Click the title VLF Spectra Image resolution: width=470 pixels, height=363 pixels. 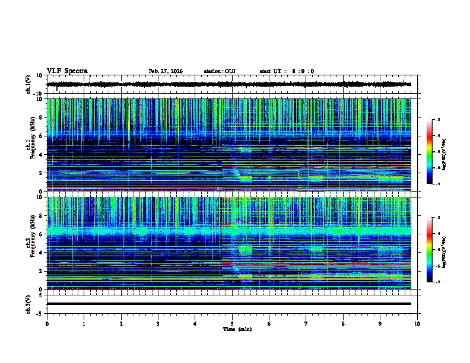point(67,71)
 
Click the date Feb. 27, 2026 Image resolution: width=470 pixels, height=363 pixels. point(166,71)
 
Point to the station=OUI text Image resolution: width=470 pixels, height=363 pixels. point(220,71)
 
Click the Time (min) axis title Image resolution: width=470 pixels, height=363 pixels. point(237,329)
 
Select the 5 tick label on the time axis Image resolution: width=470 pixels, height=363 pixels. point(232,323)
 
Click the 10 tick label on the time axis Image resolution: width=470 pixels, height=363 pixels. point(417,323)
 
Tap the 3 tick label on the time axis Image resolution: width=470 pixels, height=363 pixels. point(158,323)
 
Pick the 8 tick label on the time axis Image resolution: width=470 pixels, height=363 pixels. point(343,323)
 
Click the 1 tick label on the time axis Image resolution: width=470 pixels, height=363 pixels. point(84,323)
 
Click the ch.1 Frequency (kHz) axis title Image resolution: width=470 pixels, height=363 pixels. point(29,145)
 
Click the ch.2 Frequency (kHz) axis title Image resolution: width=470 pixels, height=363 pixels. point(29,243)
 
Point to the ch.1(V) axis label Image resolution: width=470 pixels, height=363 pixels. point(29,85)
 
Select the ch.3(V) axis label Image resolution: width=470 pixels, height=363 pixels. point(29,304)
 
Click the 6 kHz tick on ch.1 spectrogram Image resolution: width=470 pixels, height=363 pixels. point(42,136)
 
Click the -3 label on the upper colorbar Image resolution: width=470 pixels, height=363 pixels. point(437,120)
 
